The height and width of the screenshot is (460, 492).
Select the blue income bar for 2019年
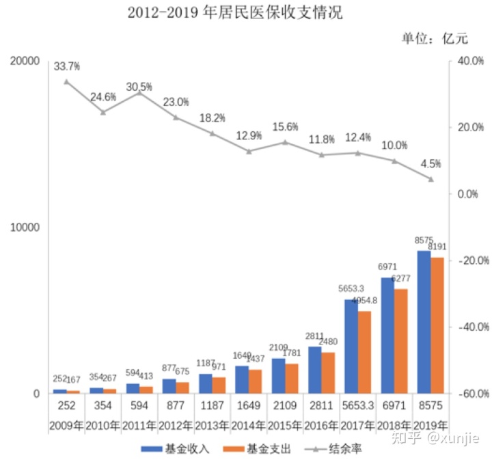tap(424, 322)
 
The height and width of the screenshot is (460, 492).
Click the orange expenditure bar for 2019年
tap(437, 325)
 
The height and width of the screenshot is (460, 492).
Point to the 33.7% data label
tap(67, 66)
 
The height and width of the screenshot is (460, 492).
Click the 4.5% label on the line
tap(430, 164)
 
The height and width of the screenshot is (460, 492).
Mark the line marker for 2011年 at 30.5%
tap(139, 92)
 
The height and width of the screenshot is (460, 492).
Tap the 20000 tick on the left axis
tap(26, 61)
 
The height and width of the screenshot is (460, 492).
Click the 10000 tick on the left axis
tap(26, 227)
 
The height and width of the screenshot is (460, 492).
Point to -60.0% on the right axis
tap(469, 394)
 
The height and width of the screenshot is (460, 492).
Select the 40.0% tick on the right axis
tap(469, 61)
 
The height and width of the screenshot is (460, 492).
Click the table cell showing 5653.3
tap(357, 406)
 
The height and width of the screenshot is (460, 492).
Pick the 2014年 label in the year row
tap(248, 424)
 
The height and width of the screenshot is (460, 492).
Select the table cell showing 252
tap(66, 406)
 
